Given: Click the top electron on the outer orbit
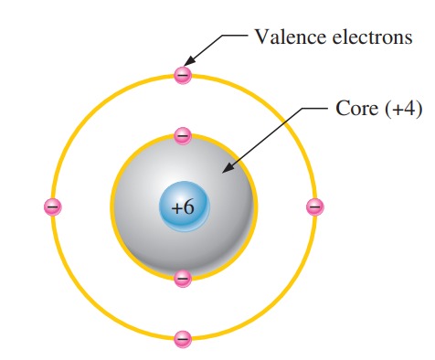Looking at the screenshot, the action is pos(183,75).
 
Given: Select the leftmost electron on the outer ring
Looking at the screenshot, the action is pos(52,207).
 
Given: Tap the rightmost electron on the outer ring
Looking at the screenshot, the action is pos(314,207).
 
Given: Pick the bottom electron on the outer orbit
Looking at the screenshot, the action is pos(183,339).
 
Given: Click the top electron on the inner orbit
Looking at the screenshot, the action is pos(183,137).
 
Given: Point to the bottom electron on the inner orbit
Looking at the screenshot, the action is pos(183,277).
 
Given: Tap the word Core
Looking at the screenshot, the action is pos(354,109).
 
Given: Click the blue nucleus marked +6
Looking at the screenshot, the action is pos(184,206).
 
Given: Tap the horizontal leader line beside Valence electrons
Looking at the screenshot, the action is pos(233,37).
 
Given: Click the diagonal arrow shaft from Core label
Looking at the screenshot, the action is pos(265,137).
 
